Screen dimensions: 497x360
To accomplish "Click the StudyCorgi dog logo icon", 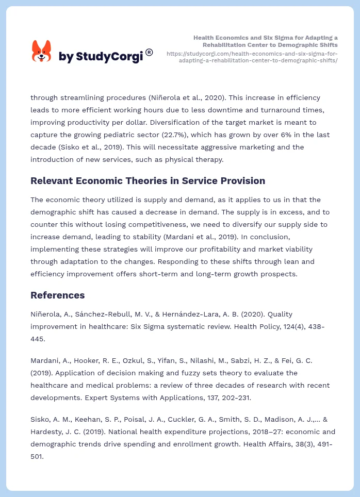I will tap(42, 52).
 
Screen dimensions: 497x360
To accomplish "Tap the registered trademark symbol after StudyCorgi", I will tap(149, 52).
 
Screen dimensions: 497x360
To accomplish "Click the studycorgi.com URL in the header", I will tap(252, 57).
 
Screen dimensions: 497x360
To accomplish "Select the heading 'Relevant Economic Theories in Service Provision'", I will tap(148, 181).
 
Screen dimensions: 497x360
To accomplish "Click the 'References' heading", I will tap(57, 295).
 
